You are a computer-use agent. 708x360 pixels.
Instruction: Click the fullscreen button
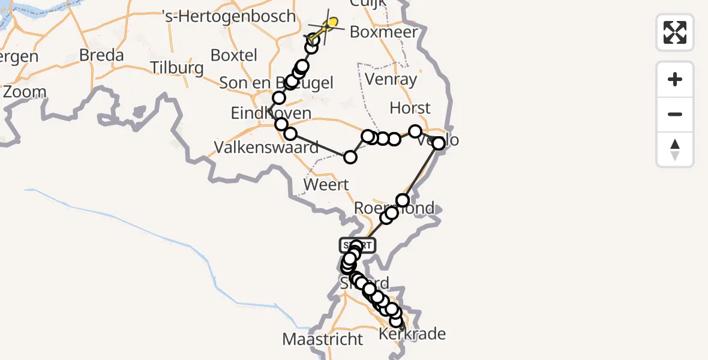675,32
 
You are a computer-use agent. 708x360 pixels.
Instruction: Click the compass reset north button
675,149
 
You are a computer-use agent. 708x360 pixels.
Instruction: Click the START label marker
358,245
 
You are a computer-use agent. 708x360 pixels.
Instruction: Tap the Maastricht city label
323,339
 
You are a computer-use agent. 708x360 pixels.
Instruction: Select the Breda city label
102,56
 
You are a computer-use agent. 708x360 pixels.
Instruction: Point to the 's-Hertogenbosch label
230,16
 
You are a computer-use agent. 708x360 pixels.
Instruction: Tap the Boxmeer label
383,32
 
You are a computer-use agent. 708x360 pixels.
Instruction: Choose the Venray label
391,79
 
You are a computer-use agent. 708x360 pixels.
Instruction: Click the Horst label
410,108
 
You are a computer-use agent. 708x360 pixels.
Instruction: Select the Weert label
326,184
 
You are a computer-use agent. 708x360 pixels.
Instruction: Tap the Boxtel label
234,55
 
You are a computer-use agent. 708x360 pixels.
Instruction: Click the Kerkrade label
413,334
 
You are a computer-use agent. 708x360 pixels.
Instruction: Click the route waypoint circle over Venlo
439,143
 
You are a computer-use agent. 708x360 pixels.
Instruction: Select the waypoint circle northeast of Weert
350,157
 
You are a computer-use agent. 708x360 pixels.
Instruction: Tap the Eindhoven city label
271,113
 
